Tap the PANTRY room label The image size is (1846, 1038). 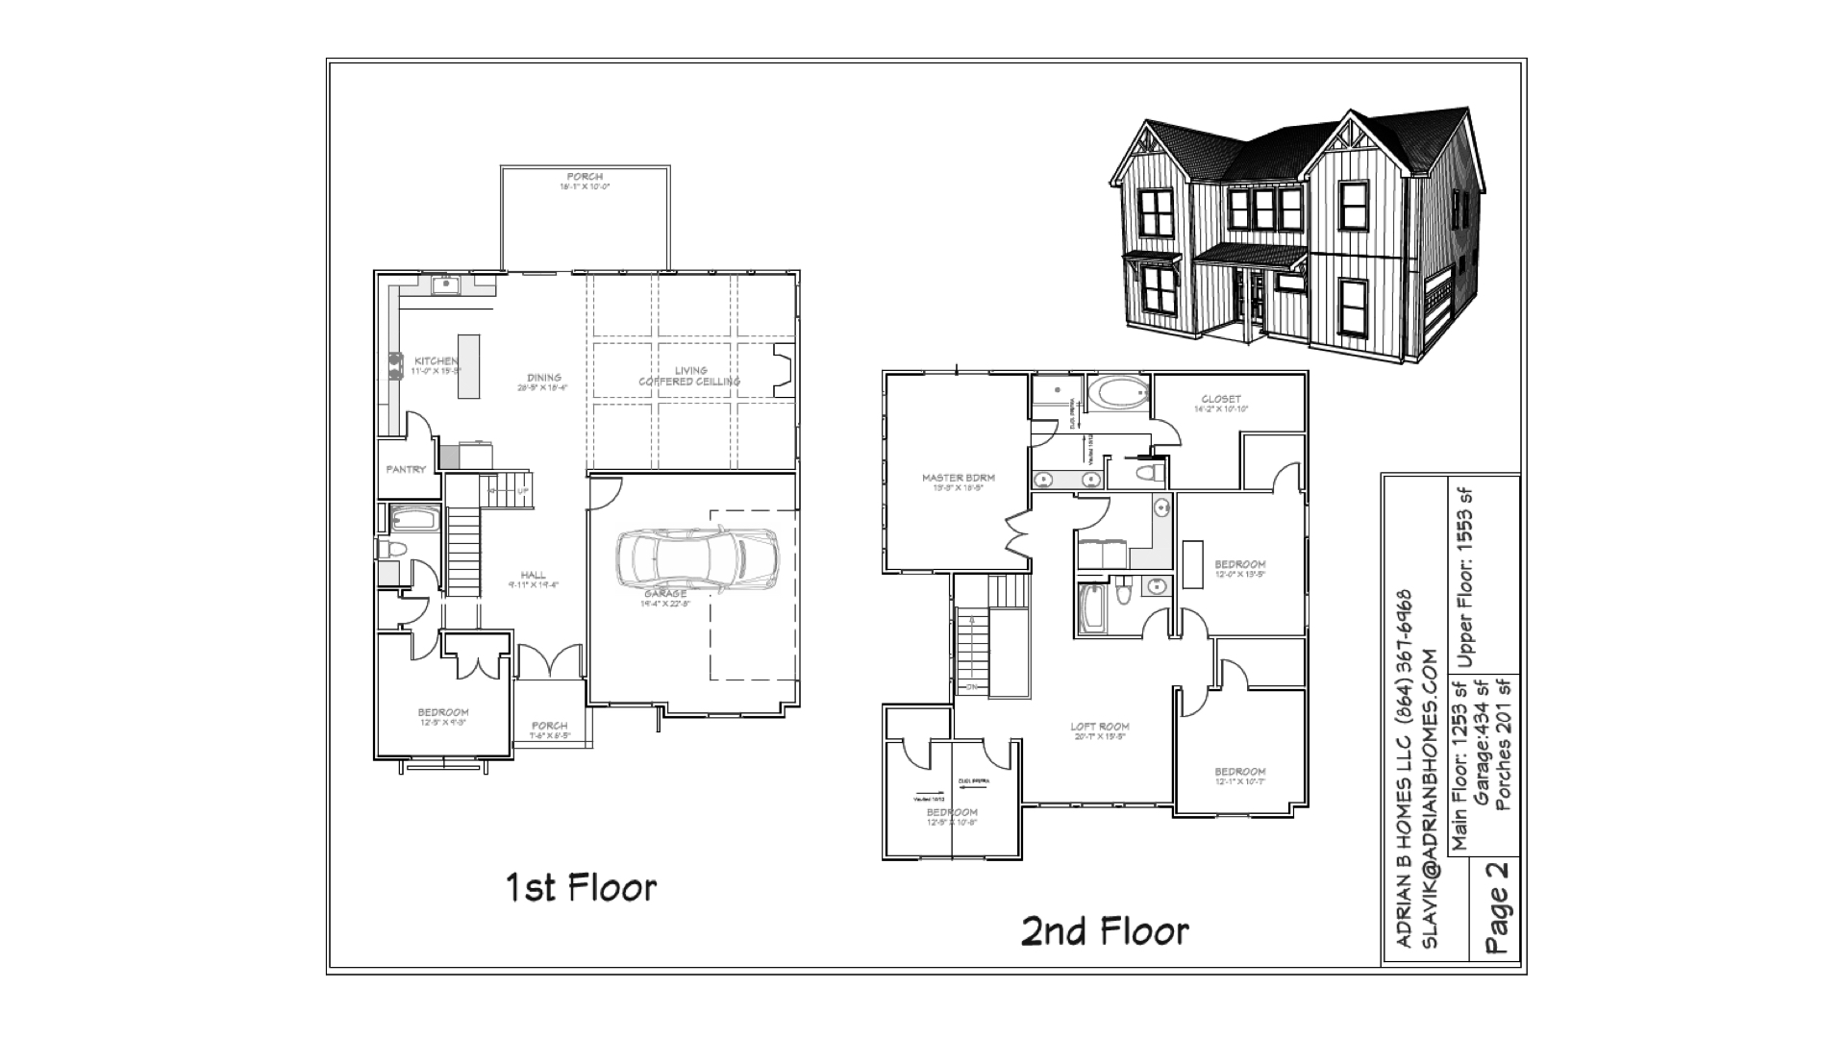[x=406, y=470]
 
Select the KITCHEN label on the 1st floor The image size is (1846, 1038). [x=437, y=361]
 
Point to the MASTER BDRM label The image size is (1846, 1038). [x=958, y=478]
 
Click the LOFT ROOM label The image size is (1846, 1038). [x=1100, y=727]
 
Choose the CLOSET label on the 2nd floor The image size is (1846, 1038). [x=1221, y=399]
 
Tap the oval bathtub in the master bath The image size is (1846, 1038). [x=1117, y=392]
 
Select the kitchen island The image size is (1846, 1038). [x=468, y=366]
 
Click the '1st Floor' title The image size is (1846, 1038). [x=581, y=887]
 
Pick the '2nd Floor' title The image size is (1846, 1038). [x=1105, y=930]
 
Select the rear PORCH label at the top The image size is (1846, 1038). [x=585, y=177]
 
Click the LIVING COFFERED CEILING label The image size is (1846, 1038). [x=690, y=376]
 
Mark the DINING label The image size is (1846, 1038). [x=544, y=378]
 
